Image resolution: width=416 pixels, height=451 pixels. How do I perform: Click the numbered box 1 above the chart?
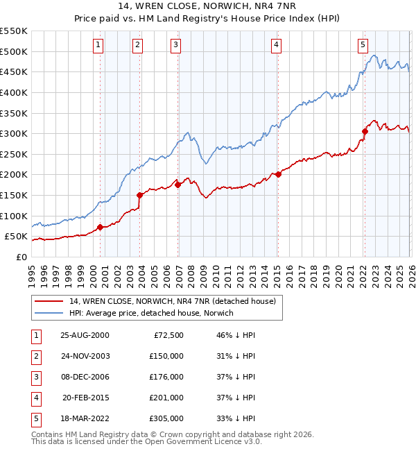[x=98, y=45]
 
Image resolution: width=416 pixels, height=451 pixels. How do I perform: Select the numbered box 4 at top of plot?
[x=276, y=45]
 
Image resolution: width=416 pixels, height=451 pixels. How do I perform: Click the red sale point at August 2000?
[x=100, y=227]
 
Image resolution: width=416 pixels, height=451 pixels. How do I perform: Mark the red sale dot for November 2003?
[x=140, y=195]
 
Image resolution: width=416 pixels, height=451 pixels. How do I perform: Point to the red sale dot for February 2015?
[x=278, y=174]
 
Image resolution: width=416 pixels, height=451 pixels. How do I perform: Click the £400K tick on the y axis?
[x=14, y=92]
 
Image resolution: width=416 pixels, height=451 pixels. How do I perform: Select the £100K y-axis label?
[x=14, y=216]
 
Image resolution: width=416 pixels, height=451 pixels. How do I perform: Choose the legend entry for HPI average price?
[x=151, y=313]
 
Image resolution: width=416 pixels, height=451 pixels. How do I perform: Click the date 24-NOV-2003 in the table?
[x=85, y=356]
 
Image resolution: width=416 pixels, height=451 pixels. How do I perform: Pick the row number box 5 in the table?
[x=35, y=418]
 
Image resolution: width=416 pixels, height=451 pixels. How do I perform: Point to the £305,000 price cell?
[x=166, y=418]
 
